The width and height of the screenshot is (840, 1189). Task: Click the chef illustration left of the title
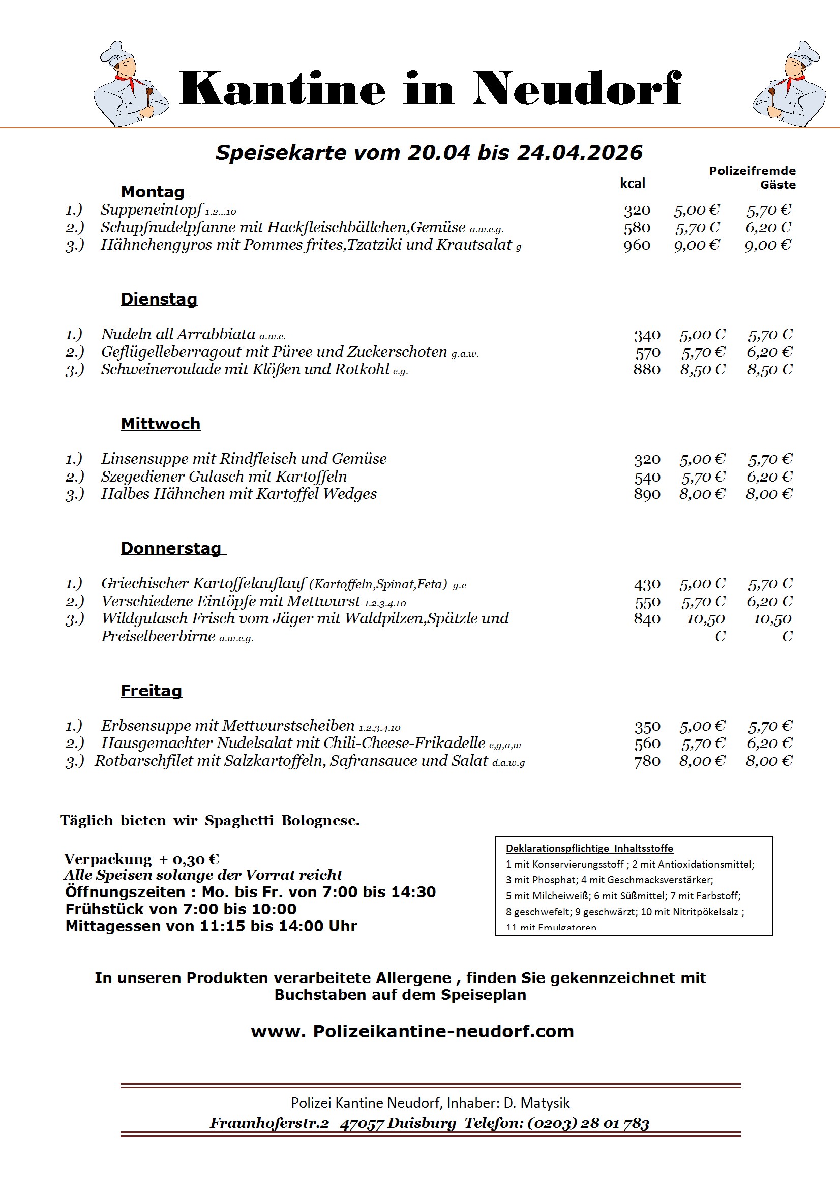coord(131,84)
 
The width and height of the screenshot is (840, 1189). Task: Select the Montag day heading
coord(153,192)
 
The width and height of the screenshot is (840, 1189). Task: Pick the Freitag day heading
coord(151,690)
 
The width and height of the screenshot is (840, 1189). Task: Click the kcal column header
coord(633,183)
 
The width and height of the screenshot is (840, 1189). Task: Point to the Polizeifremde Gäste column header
coord(752,177)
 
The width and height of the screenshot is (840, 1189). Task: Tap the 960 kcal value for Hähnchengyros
coord(637,245)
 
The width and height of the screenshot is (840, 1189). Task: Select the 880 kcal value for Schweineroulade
coord(646,369)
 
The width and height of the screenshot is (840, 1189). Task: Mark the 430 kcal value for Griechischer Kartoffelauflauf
coord(647,584)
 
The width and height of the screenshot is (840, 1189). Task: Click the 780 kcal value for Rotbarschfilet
coord(647,761)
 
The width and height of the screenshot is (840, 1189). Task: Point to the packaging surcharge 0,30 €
coord(196,859)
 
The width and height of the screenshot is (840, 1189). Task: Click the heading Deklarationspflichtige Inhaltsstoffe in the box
coord(589,848)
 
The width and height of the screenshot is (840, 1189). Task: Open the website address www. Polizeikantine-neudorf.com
coord(412,1031)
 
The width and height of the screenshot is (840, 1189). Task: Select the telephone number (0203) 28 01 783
coord(588,1123)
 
